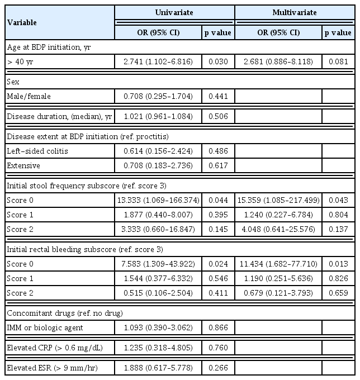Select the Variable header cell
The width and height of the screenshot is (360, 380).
click(x=22, y=22)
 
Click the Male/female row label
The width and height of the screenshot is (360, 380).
click(x=29, y=96)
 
